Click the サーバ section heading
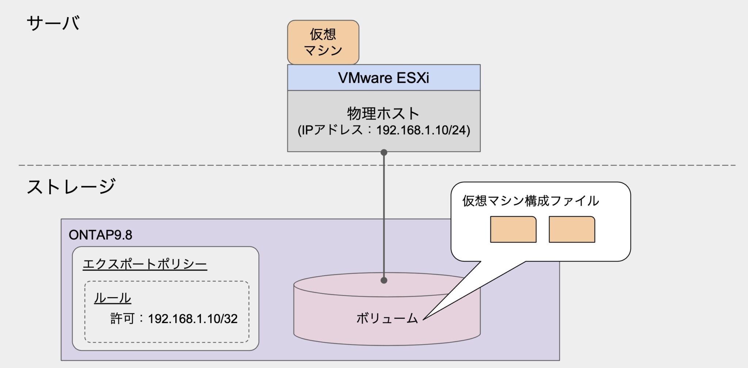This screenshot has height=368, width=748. [53, 23]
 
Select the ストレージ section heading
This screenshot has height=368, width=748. [71, 187]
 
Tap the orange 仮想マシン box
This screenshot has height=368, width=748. [323, 42]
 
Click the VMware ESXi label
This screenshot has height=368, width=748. [383, 78]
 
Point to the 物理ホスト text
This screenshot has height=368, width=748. [383, 113]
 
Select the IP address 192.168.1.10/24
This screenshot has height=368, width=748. [423, 130]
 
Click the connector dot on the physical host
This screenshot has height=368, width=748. [383, 152]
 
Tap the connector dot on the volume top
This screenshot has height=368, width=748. [383, 280]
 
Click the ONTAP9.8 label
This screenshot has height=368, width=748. [100, 235]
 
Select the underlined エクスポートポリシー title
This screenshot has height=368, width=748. [145, 264]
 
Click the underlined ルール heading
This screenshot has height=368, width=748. [112, 298]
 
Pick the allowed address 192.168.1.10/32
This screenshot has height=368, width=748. [192, 319]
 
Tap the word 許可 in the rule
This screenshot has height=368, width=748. [122, 319]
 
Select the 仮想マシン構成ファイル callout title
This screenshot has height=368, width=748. [530, 201]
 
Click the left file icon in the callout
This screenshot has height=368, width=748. [513, 229]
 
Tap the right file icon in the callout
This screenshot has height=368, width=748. [572, 229]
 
